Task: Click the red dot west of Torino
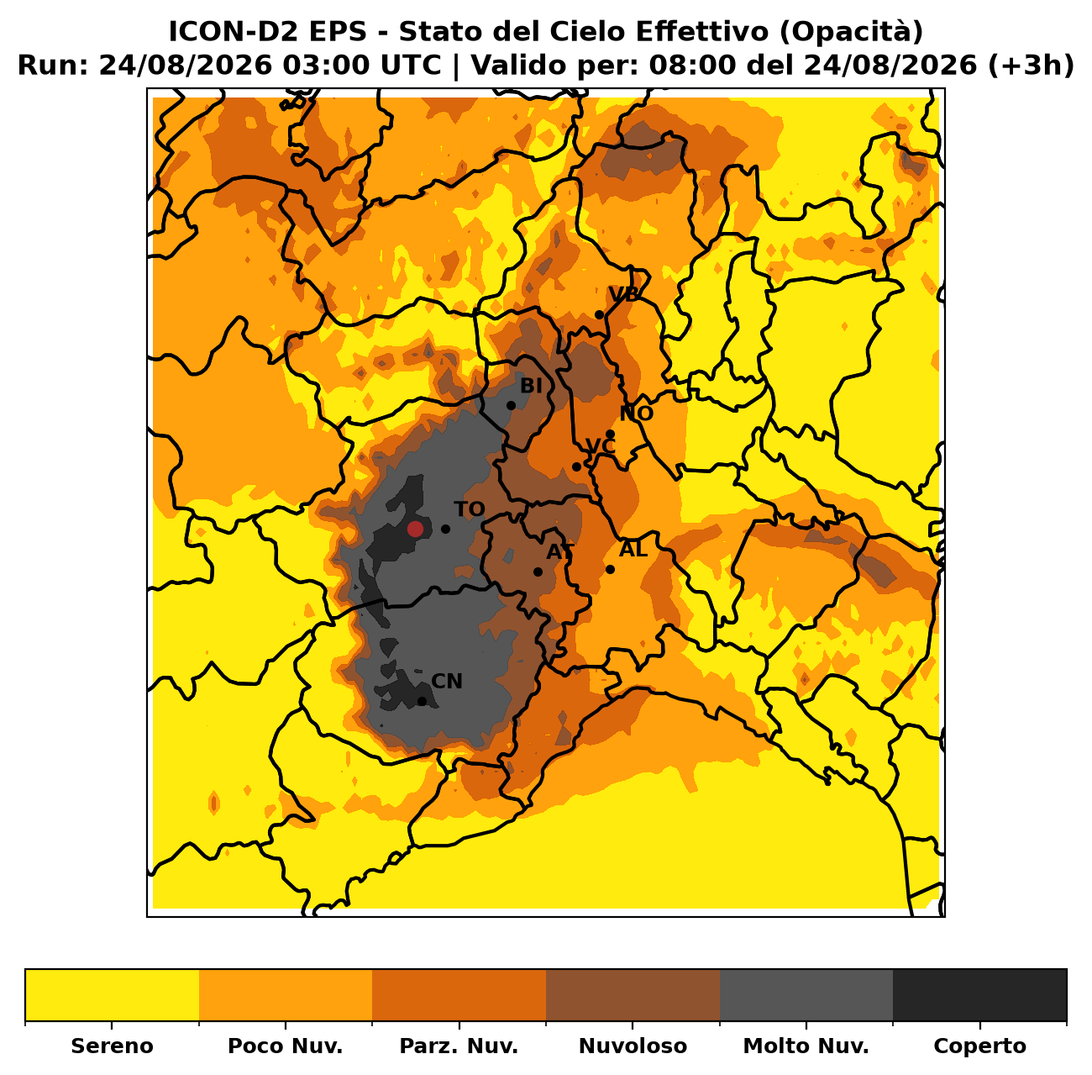(415, 529)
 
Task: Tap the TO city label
(470, 509)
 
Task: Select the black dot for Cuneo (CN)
(423, 701)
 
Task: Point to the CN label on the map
(447, 681)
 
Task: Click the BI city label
(531, 386)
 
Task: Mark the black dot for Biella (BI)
(511, 405)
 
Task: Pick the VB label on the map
(623, 294)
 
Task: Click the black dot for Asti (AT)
(538, 572)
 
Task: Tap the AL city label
(633, 549)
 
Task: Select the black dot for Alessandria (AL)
(611, 569)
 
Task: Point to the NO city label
(637, 414)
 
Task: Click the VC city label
(601, 446)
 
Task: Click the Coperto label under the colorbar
(979, 1046)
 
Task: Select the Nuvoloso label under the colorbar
(633, 1046)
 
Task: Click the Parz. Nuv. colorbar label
(459, 1046)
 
